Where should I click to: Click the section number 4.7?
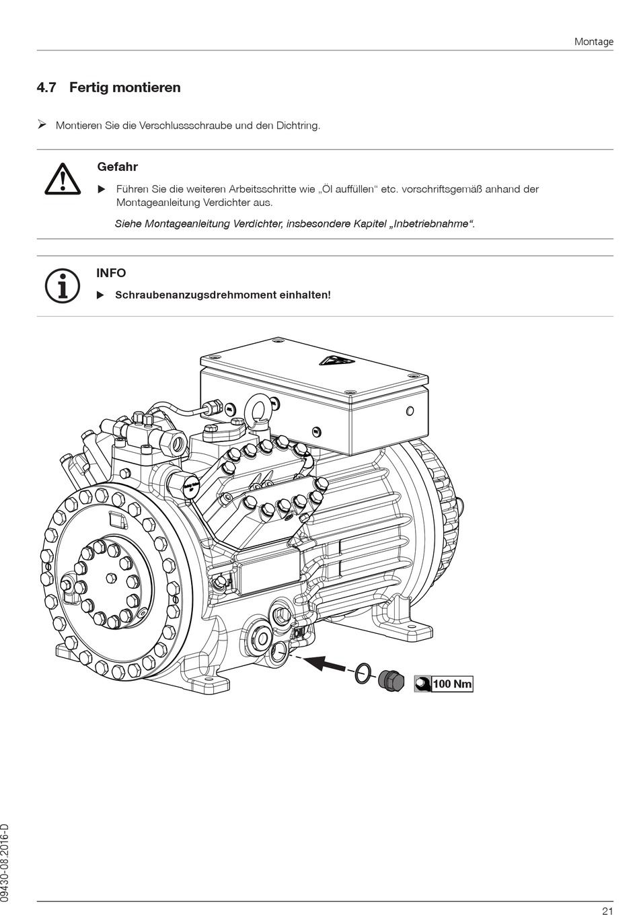(46, 87)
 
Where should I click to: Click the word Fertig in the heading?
(89, 87)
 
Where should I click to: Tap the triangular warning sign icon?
(63, 179)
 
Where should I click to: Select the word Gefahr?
(117, 167)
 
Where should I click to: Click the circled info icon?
(62, 285)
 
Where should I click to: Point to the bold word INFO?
(111, 273)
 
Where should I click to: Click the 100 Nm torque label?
(453, 684)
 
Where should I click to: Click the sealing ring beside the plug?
(362, 672)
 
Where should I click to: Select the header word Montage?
(593, 42)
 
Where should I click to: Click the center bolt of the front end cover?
(110, 577)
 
